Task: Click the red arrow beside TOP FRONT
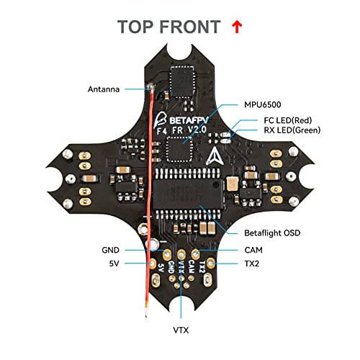pyautogui.click(x=236, y=27)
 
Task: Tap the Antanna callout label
pyautogui.click(x=105, y=89)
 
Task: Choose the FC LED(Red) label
pyautogui.click(x=282, y=120)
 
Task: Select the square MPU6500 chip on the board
pyautogui.click(x=178, y=150)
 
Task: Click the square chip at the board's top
pyautogui.click(x=181, y=77)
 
